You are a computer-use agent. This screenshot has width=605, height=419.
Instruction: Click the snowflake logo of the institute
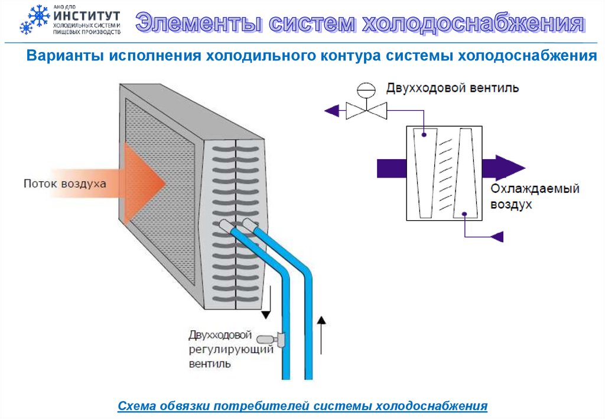coord(34,20)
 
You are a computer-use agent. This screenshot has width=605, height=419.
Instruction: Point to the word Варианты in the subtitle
coord(58,57)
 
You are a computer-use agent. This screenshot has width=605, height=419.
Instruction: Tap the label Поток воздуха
coord(65,183)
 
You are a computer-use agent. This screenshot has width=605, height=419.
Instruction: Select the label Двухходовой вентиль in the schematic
coord(453,89)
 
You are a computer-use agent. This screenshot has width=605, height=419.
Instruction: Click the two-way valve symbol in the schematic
coord(366,109)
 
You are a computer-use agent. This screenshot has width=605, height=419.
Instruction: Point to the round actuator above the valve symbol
coord(366,90)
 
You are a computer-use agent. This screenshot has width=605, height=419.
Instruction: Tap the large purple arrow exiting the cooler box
coord(501,167)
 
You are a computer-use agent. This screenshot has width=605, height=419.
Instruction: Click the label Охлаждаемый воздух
coord(535,197)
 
